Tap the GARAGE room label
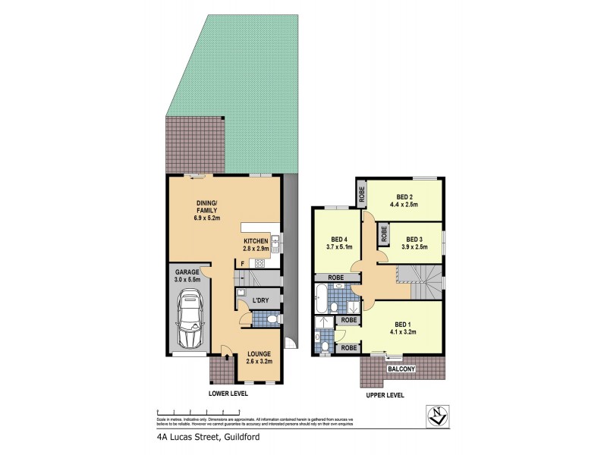tap(188, 271)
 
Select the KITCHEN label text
tap(256, 240)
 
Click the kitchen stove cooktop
tap(259, 264)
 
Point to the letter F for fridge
tap(242, 263)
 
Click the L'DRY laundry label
tap(260, 301)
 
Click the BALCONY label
tap(402, 369)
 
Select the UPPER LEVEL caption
tap(382, 395)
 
